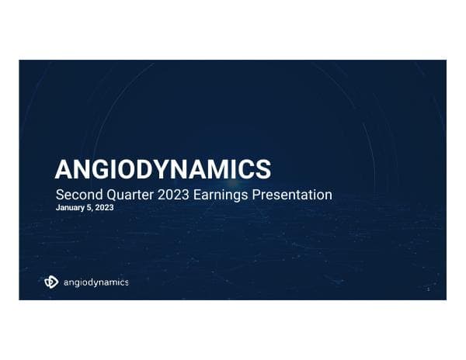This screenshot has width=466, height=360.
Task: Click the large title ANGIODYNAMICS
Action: pyautogui.click(x=163, y=169)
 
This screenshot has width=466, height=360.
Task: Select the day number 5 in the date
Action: pyautogui.click(x=90, y=209)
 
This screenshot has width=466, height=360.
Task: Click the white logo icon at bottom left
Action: pyautogui.click(x=51, y=282)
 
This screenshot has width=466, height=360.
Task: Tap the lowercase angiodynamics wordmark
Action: pyautogui.click(x=96, y=282)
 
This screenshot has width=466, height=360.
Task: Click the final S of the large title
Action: pyautogui.click(x=264, y=169)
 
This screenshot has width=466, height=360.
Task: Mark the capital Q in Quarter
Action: pyautogui.click(x=111, y=194)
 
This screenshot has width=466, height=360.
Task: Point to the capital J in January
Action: pyautogui.click(x=58, y=209)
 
